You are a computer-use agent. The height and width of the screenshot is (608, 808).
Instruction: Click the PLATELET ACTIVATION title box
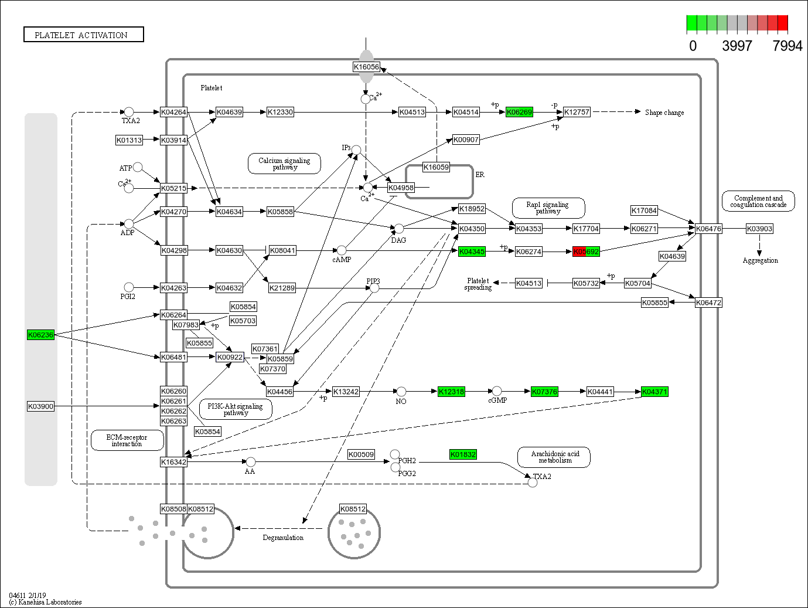[83, 35]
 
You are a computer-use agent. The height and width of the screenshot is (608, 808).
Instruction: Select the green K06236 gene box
[40, 335]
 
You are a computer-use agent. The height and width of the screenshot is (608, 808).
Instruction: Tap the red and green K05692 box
[586, 252]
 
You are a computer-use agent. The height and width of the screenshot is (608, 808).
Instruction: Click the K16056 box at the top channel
[366, 67]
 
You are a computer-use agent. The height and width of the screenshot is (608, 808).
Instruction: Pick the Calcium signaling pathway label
[284, 164]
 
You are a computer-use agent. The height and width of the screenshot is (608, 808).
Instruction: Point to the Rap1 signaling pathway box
[548, 208]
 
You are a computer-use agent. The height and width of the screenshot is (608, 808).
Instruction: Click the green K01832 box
[463, 454]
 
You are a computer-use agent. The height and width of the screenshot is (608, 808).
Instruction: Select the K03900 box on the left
[40, 406]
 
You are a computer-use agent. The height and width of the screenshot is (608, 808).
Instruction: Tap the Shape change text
[664, 113]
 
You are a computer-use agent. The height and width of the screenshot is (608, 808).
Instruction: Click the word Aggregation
[760, 260]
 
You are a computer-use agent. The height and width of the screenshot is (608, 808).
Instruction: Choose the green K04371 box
[654, 392]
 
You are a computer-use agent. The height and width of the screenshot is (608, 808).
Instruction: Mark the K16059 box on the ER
[436, 167]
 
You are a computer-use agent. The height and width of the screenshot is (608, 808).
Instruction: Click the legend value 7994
[787, 46]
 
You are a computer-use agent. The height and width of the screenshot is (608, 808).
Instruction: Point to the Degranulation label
[283, 538]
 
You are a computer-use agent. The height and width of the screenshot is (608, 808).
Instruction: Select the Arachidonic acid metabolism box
[554, 457]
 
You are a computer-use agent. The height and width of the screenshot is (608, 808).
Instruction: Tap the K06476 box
[708, 229]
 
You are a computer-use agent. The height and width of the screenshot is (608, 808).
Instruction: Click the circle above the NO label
[401, 391]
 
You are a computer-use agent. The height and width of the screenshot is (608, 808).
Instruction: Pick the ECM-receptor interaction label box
[127, 440]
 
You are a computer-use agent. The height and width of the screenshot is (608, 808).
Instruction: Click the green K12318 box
[451, 392]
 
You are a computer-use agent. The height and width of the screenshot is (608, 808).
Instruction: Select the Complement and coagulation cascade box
[758, 201]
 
